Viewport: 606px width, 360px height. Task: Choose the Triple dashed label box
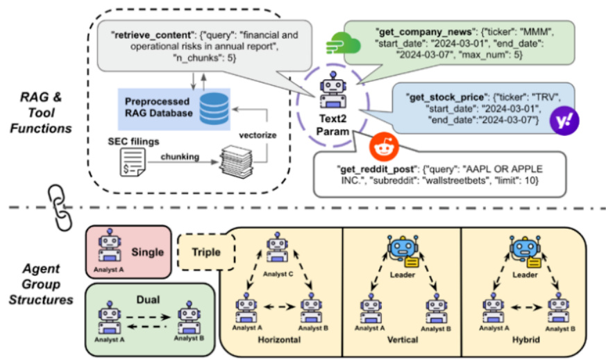pyautogui.click(x=206, y=252)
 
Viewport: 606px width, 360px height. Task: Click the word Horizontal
pyautogui.click(x=278, y=341)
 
